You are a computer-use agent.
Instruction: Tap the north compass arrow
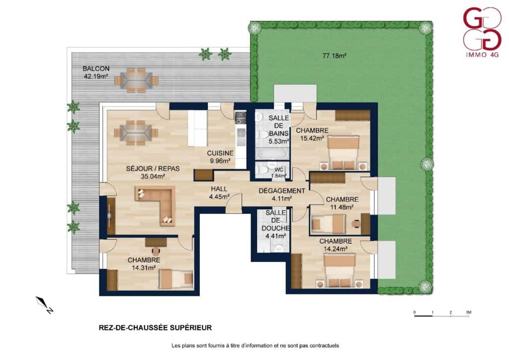[x=44, y=305]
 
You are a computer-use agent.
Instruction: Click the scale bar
[x=441, y=314]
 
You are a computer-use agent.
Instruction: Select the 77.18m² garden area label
[x=334, y=56]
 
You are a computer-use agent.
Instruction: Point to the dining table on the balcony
[x=137, y=80]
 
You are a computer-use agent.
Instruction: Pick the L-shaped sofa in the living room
[x=156, y=205]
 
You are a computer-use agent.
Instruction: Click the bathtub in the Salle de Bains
[x=272, y=154]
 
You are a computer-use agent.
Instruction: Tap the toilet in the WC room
[x=261, y=170]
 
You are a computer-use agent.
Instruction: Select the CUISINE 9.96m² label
[x=220, y=157]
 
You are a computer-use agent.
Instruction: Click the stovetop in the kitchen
[x=241, y=118]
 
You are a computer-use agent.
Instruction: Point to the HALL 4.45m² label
[x=219, y=192]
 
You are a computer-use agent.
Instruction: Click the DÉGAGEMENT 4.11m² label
[x=281, y=194]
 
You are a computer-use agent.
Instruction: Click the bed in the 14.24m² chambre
[x=339, y=270]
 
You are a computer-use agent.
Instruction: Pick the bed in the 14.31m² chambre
[x=175, y=278]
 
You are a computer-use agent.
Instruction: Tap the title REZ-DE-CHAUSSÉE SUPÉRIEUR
[x=155, y=328]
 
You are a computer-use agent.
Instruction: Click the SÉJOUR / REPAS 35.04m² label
[x=153, y=173]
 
